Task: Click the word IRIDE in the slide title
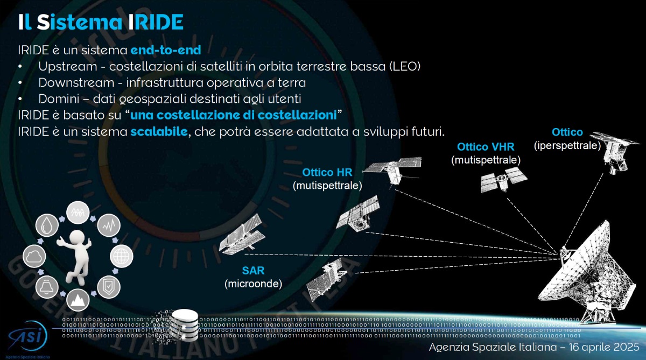click(x=156, y=22)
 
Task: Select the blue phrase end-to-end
click(x=165, y=51)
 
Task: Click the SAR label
click(x=253, y=270)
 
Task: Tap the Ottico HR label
click(x=327, y=173)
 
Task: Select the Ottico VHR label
click(x=486, y=147)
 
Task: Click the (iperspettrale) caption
click(x=567, y=145)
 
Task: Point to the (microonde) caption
click(x=253, y=284)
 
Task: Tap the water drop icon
click(x=47, y=224)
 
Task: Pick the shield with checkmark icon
click(x=108, y=286)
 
